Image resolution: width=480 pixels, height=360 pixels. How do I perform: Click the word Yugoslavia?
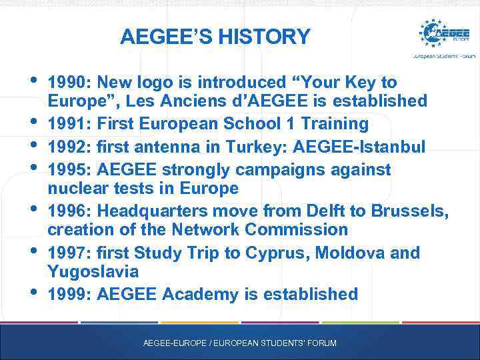[93, 272]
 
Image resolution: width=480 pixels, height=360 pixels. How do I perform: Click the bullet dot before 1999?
[34, 291]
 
